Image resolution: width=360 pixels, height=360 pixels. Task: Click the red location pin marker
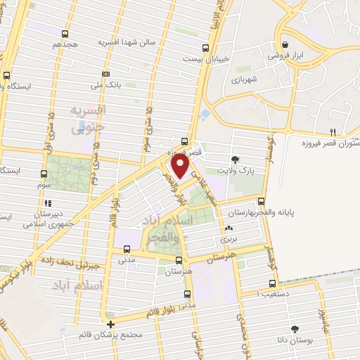click(x=180, y=166)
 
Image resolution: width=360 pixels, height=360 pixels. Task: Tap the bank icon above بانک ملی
click(x=106, y=74)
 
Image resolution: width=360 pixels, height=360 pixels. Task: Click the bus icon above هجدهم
click(x=65, y=33)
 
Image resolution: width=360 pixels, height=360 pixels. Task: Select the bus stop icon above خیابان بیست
click(x=205, y=48)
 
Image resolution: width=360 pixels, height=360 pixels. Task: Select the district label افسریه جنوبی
click(x=89, y=120)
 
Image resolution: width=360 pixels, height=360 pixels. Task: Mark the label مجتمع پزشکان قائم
click(x=112, y=335)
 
